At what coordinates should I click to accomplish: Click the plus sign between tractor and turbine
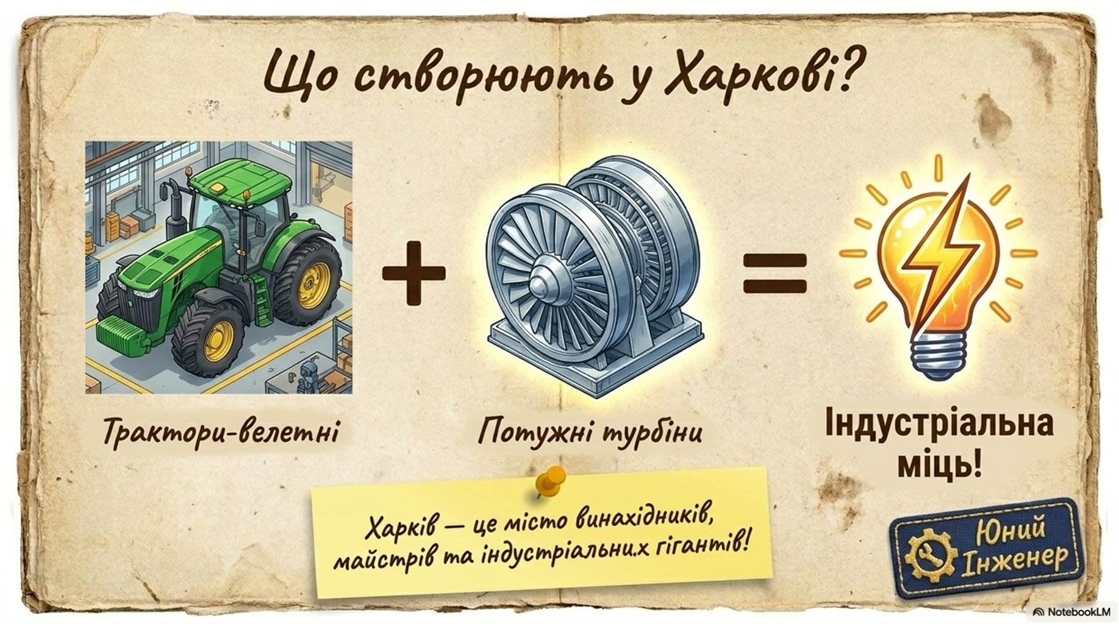(413, 272)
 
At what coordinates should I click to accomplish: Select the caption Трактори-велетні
(220, 431)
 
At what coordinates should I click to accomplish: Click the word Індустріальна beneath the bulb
(938, 425)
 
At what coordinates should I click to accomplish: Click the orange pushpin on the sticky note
(550, 481)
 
